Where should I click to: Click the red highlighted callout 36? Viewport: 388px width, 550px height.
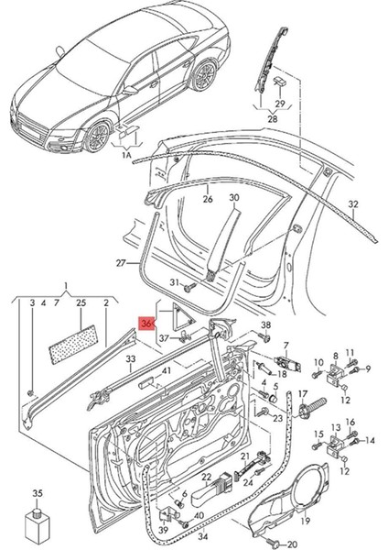coord(145,323)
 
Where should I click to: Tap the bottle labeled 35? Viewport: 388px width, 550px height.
coord(38,527)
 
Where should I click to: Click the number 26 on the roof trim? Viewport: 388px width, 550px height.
coord(207,199)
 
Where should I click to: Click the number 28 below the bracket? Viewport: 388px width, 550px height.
coord(273,119)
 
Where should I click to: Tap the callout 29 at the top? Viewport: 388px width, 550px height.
coord(280,103)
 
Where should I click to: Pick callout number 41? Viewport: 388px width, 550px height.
coord(166,370)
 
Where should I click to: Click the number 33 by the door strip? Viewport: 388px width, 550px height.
coord(131,359)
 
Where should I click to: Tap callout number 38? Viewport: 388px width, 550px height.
coord(266,325)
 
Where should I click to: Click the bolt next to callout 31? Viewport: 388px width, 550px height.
coord(188,285)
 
